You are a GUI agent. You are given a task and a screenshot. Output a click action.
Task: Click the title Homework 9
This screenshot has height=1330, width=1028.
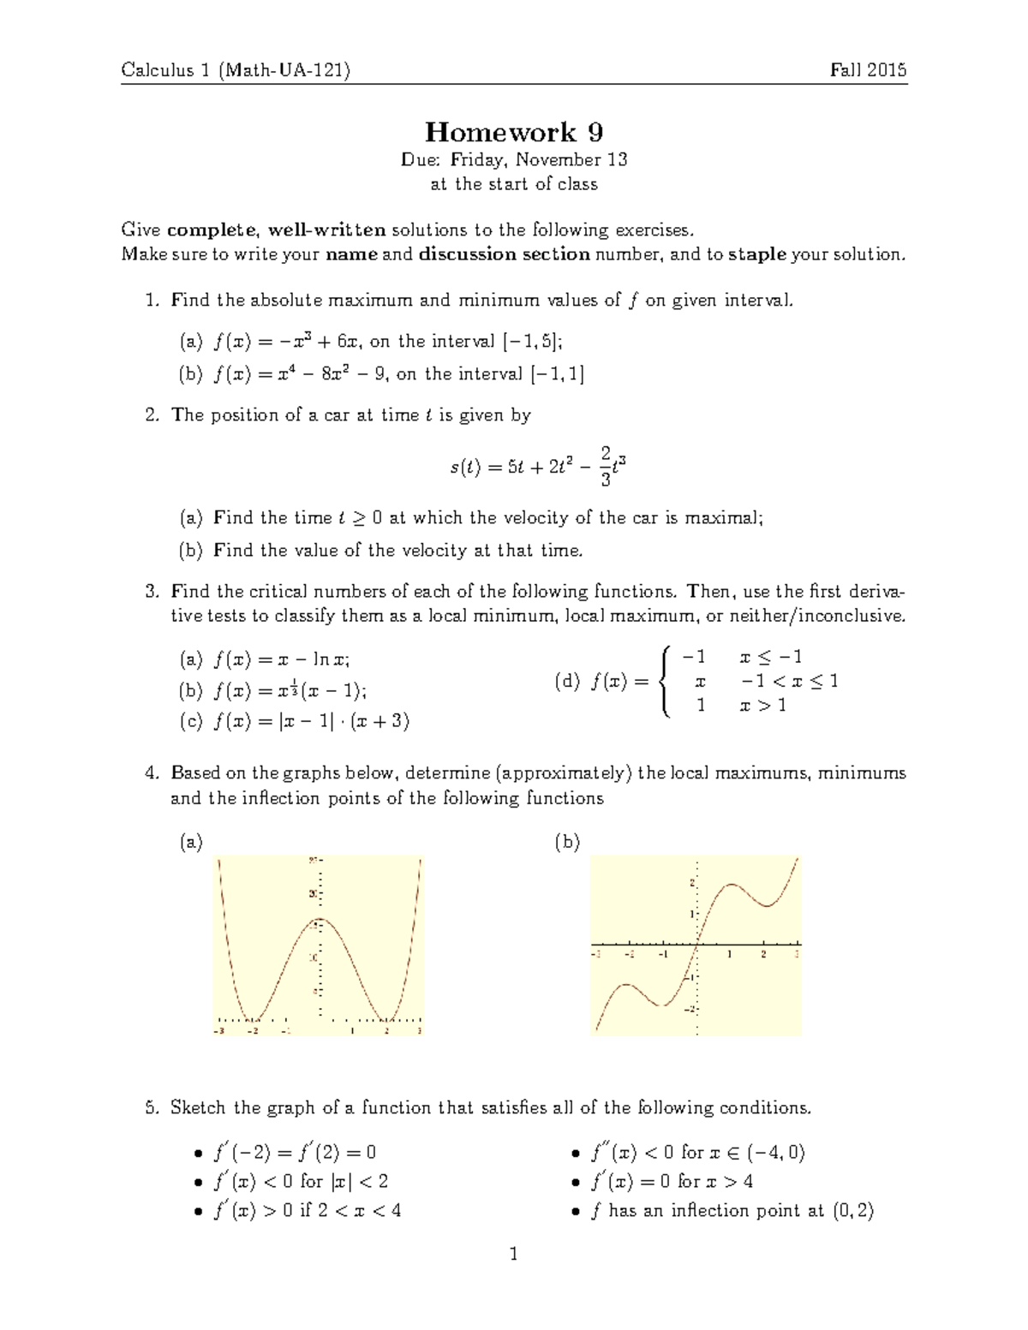514,132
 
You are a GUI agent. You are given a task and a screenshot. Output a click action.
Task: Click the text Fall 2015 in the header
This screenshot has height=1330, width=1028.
868,70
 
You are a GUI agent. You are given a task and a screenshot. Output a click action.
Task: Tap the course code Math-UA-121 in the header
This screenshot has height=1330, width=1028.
284,70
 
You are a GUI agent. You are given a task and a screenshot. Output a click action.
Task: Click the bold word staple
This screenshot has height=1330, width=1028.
757,254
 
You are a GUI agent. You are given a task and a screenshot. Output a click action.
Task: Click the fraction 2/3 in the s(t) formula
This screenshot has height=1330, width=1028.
606,466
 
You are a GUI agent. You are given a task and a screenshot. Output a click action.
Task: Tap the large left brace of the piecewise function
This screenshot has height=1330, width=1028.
664,682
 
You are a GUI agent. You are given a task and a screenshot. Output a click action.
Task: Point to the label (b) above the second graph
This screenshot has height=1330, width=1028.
567,843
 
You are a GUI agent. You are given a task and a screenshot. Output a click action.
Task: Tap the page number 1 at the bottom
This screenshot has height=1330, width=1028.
514,1255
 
